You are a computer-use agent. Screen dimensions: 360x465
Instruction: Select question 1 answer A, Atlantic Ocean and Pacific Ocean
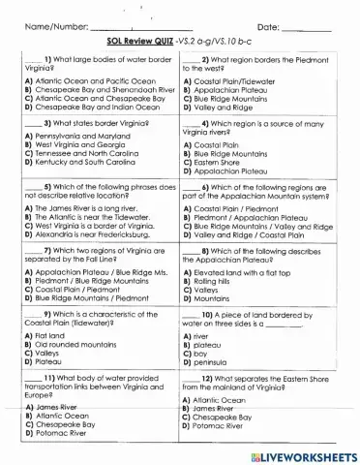coord(89,81)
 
